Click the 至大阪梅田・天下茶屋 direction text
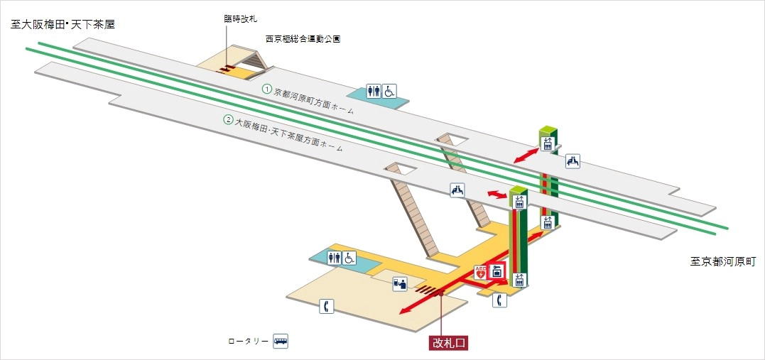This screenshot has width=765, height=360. (63, 24)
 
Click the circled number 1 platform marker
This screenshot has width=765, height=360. (267, 89)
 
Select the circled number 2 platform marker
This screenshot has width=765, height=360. (229, 119)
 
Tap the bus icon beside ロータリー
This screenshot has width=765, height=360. (281, 342)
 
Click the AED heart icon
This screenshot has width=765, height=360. (481, 271)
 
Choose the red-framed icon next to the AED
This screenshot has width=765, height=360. (497, 271)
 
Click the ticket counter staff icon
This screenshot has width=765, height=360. (400, 284)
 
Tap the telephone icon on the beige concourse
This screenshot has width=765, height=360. (326, 307)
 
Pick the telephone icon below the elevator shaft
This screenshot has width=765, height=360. (500, 300)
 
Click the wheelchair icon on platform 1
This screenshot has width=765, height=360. (389, 91)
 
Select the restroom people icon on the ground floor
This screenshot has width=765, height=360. (334, 258)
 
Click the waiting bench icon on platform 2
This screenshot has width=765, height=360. (457, 190)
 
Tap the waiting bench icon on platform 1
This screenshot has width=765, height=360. (573, 161)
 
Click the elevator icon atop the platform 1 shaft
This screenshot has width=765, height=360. (546, 143)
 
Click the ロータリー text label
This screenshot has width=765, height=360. (248, 342)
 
